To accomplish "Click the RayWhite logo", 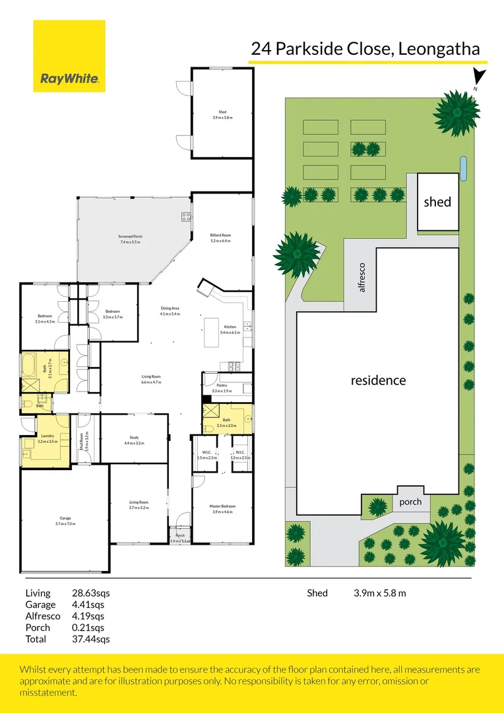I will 69,56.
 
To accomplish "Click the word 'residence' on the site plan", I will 378,380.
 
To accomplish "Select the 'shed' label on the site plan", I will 437,202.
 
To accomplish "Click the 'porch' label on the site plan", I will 410,502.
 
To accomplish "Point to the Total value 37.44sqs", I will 90,639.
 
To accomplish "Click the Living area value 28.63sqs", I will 90,593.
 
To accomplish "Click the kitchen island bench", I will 211,331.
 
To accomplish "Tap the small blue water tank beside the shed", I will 464,168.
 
